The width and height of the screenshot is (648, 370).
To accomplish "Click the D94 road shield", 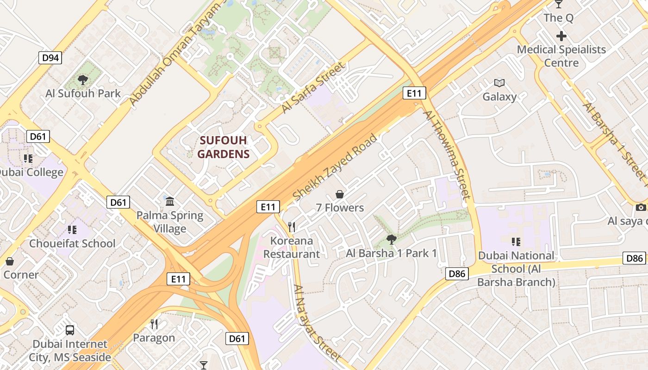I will click(50, 58).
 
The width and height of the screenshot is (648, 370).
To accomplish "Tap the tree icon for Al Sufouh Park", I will click(83, 80).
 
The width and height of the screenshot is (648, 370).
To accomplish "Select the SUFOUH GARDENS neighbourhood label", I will click(224, 147).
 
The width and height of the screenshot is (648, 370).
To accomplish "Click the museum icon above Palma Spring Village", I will click(170, 202).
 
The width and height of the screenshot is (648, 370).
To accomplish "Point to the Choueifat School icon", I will click(72, 230).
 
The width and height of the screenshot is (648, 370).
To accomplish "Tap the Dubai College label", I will click(31, 173).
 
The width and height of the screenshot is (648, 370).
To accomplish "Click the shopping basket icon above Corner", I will click(9, 261).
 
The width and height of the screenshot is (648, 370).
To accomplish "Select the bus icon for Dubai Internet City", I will click(70, 330).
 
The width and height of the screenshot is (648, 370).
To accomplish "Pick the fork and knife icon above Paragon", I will click(154, 324).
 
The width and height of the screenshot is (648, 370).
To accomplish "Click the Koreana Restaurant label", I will click(292, 247).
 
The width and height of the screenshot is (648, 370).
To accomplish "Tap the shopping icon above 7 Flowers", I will click(340, 194).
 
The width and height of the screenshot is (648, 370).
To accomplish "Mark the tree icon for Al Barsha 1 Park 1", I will click(391, 239).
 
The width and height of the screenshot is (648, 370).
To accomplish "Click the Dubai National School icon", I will click(516, 241).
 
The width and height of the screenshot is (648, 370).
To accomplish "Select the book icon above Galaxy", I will click(499, 83).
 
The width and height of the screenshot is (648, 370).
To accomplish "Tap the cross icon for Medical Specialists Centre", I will click(561, 36).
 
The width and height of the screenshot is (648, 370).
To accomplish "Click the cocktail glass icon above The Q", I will click(559, 4).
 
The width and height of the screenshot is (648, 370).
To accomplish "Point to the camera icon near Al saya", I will click(641, 207).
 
